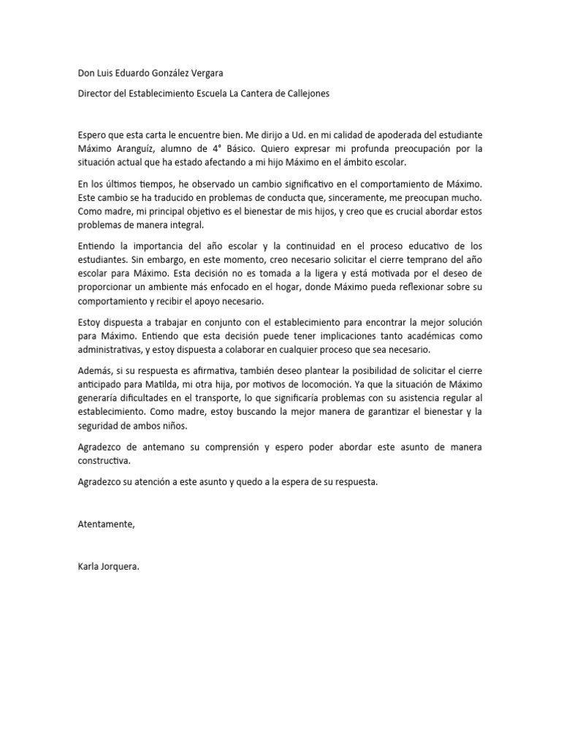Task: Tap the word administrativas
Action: point(109,350)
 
